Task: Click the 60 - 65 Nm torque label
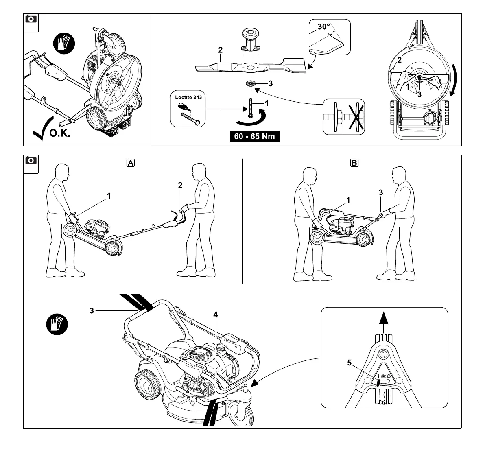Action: (x=255, y=136)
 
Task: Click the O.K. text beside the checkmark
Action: (x=59, y=133)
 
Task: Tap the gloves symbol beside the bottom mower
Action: (x=57, y=325)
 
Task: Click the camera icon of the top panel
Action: (x=31, y=19)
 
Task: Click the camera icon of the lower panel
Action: (x=31, y=161)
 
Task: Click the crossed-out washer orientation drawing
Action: (x=354, y=117)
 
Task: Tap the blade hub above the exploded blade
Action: (x=251, y=39)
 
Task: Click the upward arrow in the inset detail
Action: (x=382, y=318)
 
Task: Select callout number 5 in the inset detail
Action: (x=350, y=363)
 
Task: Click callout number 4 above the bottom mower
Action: (x=215, y=315)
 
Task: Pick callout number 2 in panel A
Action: (x=180, y=185)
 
